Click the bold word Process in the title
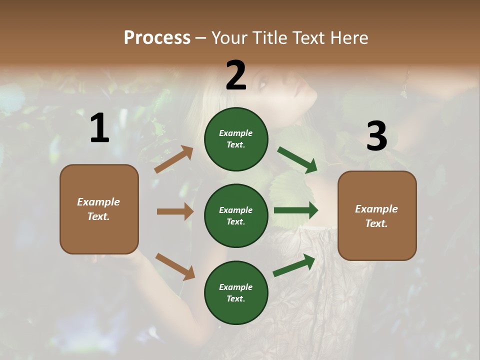click(157, 37)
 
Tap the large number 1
click(99, 128)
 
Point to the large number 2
click(236, 75)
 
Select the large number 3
click(376, 136)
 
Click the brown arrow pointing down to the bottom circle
click(175, 266)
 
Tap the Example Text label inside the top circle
click(235, 139)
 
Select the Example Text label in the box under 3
click(376, 216)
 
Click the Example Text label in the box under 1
click(98, 209)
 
